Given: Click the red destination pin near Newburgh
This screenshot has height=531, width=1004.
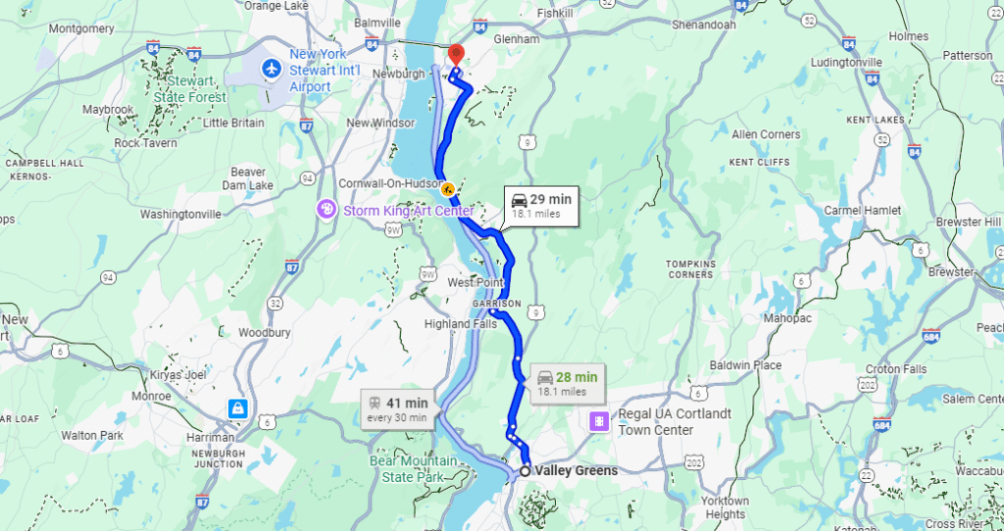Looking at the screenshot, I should click(455, 55).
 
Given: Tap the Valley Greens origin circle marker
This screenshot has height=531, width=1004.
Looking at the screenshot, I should click(526, 471).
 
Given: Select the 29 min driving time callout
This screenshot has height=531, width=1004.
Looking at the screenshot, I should click(539, 206).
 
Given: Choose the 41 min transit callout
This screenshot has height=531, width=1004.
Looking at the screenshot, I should click(397, 410).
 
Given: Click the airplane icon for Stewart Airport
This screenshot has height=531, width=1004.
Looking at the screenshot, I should click(272, 70).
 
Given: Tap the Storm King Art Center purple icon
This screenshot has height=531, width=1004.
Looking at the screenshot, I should click(326, 211).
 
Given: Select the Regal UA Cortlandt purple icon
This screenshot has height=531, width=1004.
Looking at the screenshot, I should click(597, 421).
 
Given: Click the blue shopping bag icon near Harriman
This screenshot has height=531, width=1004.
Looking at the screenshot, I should click(237, 408).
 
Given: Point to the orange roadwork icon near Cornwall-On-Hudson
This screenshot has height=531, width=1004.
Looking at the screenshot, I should click(447, 188).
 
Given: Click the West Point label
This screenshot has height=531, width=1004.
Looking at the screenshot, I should click(475, 283).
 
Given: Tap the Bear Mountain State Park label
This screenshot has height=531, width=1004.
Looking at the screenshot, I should click(413, 468).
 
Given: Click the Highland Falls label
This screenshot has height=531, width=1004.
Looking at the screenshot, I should click(460, 324).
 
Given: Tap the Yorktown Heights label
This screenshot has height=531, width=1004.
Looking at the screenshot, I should click(726, 507).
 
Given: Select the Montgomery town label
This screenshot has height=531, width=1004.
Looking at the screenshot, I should click(81, 28).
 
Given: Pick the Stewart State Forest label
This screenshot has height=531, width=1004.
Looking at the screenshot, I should click(189, 90).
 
